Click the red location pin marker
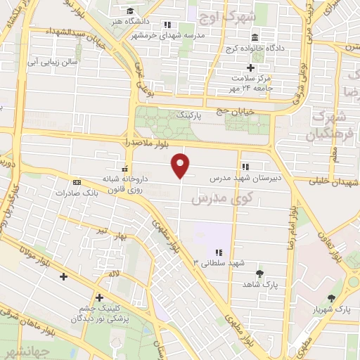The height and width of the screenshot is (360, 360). coord(181,165)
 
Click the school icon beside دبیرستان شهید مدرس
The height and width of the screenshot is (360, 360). coord(245,167)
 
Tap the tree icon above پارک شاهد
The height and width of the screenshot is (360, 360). coord(260,273)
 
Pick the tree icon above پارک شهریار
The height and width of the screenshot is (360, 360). coord(331,298)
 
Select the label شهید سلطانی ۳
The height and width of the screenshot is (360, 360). coord(219,262)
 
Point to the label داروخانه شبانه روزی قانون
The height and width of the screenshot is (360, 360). coord(124,183)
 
